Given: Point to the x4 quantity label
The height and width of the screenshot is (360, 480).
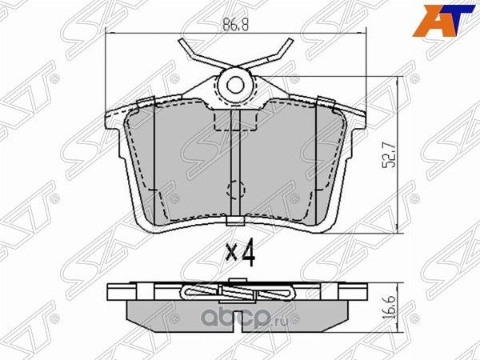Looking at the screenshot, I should point(239,254).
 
